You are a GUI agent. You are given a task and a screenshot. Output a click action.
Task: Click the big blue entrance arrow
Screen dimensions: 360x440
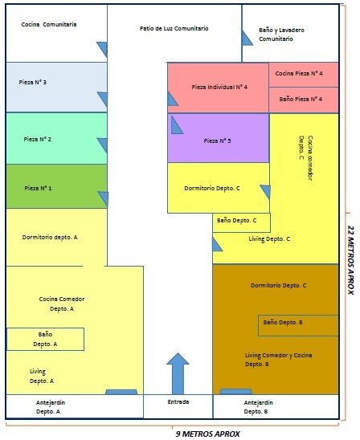178,373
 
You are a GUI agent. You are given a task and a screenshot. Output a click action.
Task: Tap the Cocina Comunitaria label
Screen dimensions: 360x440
49,24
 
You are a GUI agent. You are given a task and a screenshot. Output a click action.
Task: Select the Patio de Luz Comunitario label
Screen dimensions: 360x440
174,28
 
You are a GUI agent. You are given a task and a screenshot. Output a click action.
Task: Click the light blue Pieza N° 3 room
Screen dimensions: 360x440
56,87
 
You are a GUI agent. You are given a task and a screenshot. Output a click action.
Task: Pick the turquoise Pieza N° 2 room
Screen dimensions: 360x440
56,138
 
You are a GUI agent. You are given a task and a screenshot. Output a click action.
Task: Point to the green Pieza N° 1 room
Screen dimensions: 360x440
56,186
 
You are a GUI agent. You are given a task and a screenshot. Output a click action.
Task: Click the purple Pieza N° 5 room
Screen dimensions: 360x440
219,138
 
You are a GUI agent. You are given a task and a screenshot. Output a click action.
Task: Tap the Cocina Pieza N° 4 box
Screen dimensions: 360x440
304,75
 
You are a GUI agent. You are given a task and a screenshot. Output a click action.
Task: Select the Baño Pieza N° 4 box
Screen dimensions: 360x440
304,100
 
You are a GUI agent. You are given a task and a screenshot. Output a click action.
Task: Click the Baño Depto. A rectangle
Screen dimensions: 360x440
46,339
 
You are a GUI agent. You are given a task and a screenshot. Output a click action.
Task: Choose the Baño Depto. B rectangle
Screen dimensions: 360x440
298,325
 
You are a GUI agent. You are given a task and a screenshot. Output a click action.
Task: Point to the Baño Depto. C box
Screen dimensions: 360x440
242,222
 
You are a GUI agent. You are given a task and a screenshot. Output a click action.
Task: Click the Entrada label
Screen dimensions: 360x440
178,401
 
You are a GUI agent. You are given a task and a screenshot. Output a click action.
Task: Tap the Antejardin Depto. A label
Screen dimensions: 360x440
50,407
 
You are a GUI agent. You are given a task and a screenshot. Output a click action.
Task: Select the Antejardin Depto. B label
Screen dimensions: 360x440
258,407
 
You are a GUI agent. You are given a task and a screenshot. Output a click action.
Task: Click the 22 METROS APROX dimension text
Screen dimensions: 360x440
350,260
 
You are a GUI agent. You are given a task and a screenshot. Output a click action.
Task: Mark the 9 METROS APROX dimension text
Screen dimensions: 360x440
208,434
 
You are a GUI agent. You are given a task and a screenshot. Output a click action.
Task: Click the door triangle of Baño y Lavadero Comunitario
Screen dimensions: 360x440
247,38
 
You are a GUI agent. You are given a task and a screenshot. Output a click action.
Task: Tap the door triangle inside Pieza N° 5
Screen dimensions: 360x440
177,125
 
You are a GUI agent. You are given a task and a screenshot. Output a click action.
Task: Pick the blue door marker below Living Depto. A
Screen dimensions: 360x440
121,392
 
